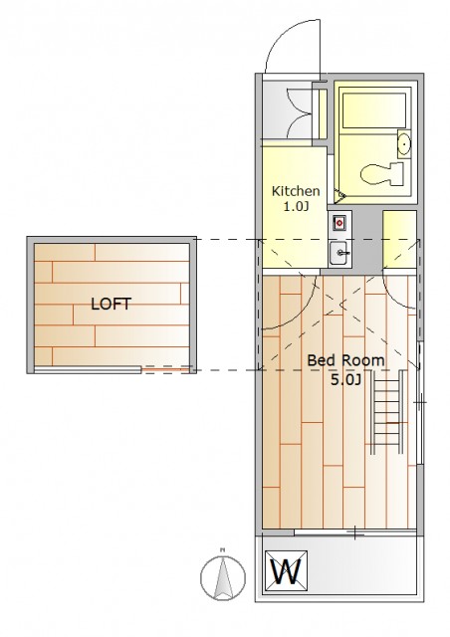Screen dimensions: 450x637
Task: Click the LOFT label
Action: (x=111, y=304)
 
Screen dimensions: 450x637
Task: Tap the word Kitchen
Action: (x=296, y=191)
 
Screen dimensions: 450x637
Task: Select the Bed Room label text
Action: (x=345, y=360)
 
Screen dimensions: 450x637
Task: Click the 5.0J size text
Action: (x=345, y=380)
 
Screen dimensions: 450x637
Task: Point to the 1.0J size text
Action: (x=296, y=207)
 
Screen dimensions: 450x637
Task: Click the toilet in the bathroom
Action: (x=382, y=174)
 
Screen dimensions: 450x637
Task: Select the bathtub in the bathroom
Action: (x=374, y=110)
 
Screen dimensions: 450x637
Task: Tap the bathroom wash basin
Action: (x=403, y=143)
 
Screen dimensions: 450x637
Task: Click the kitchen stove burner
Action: (x=338, y=223)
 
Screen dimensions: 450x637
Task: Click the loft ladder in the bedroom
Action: (x=387, y=412)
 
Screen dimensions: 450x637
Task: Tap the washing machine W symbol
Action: (x=286, y=571)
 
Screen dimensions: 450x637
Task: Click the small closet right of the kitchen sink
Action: (x=399, y=239)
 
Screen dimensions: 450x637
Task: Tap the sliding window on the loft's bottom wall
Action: (x=88, y=369)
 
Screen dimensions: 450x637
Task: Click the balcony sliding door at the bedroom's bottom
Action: (x=354, y=532)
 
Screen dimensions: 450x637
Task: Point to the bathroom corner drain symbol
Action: (x=339, y=195)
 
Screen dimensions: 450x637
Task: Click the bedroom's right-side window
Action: (x=420, y=403)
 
